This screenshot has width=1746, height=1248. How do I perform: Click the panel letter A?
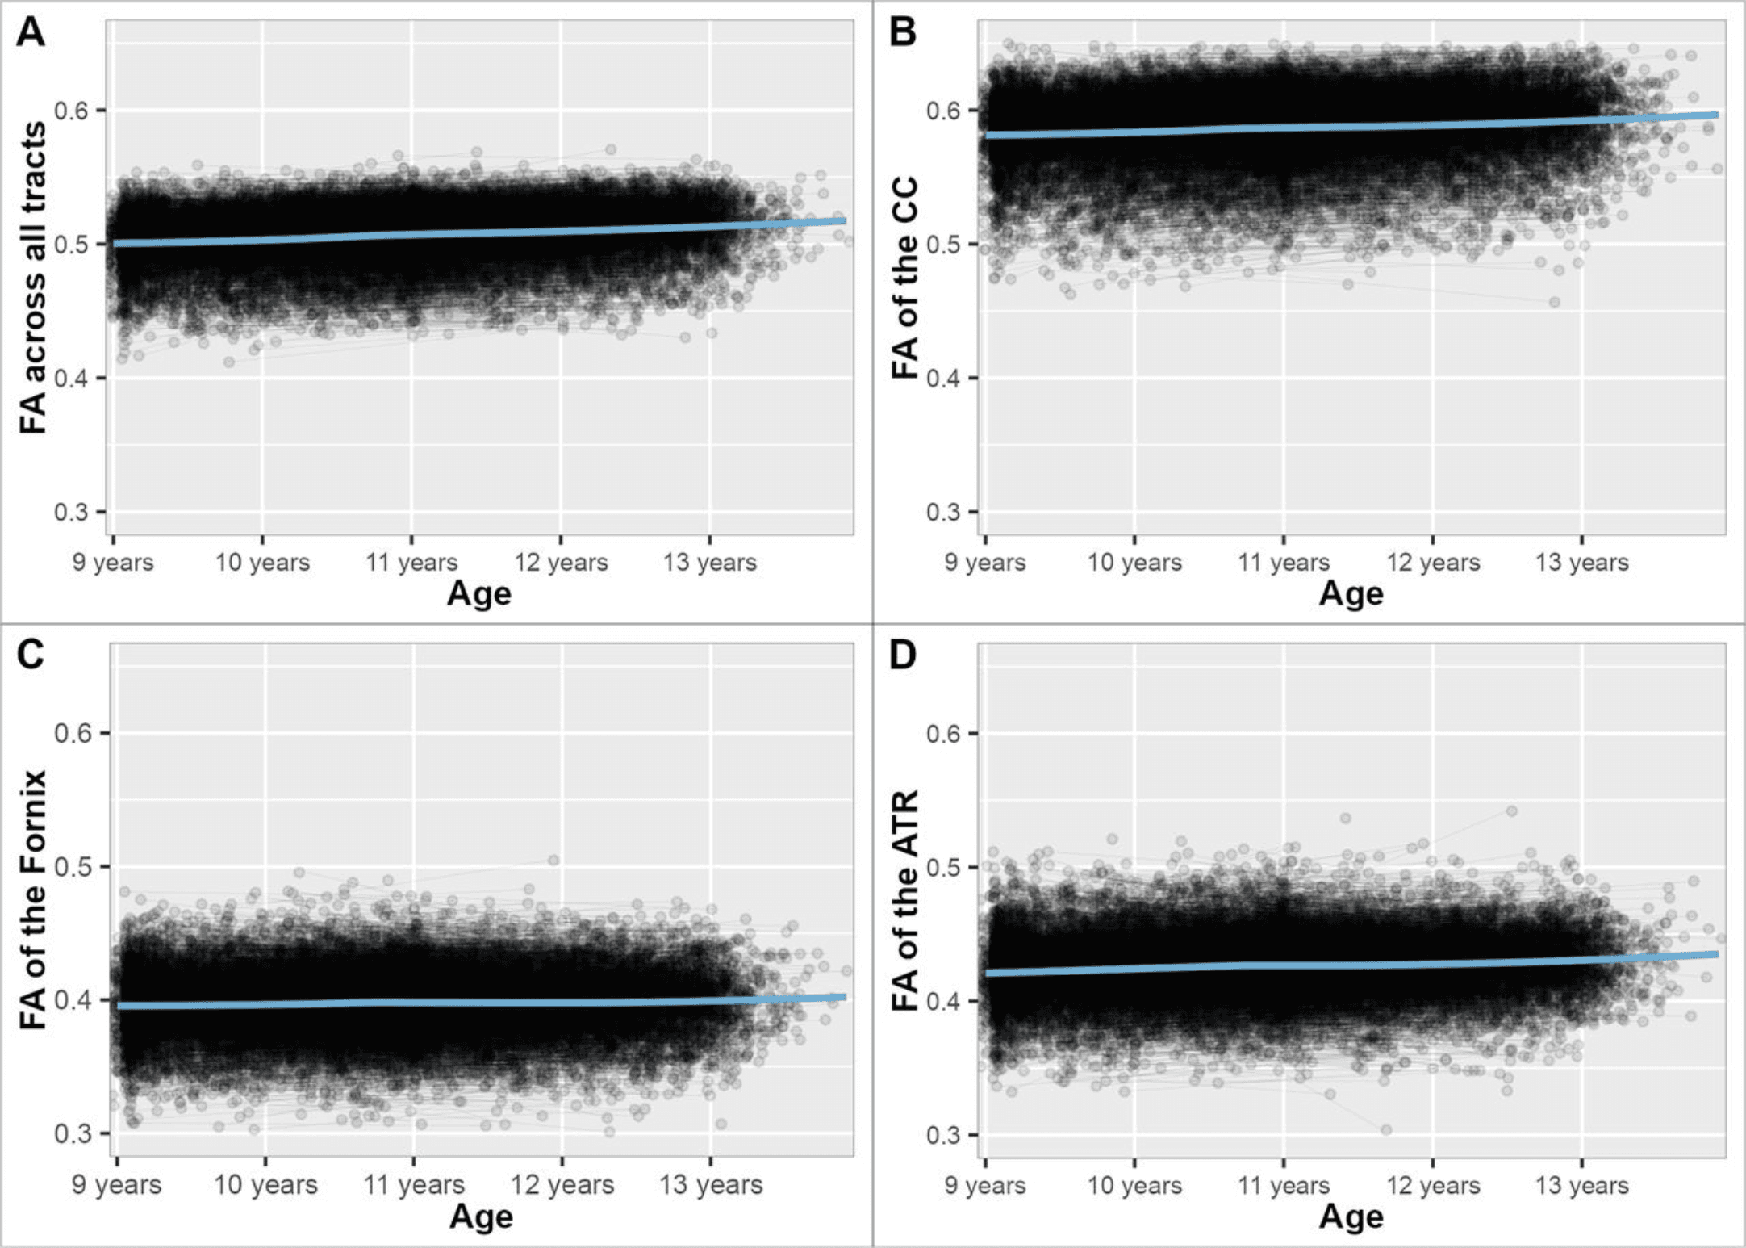tap(31, 32)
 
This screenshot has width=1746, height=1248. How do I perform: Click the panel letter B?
tap(902, 32)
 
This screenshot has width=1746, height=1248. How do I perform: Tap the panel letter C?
tap(31, 655)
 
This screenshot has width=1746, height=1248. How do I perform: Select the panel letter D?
tap(902, 655)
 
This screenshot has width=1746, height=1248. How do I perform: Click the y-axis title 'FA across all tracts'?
tap(33, 278)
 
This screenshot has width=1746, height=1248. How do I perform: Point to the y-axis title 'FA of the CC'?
tap(905, 278)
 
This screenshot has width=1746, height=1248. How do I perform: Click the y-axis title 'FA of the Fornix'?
tap(33, 900)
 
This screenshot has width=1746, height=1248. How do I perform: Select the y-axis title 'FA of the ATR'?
tap(905, 900)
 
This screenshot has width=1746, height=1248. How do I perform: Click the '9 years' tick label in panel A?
tap(113, 562)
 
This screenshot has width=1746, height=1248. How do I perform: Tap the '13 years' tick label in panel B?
tap(1581, 562)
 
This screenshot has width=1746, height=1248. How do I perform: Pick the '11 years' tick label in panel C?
tap(413, 1184)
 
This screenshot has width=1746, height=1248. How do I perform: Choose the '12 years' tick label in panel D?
tap(1433, 1184)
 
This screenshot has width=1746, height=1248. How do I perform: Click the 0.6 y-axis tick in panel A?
tap(71, 110)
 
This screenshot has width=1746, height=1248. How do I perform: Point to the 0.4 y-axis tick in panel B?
tap(942, 378)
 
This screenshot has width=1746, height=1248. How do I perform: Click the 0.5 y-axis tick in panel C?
tap(71, 867)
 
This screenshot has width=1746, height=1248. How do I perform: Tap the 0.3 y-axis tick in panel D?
tap(942, 1134)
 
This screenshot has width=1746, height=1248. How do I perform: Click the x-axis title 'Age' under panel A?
tap(479, 593)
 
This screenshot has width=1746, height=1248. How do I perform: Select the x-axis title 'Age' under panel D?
tap(1351, 1217)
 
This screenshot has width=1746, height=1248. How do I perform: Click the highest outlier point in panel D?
tap(1511, 810)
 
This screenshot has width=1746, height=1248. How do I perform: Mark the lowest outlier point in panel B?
tap(1554, 302)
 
